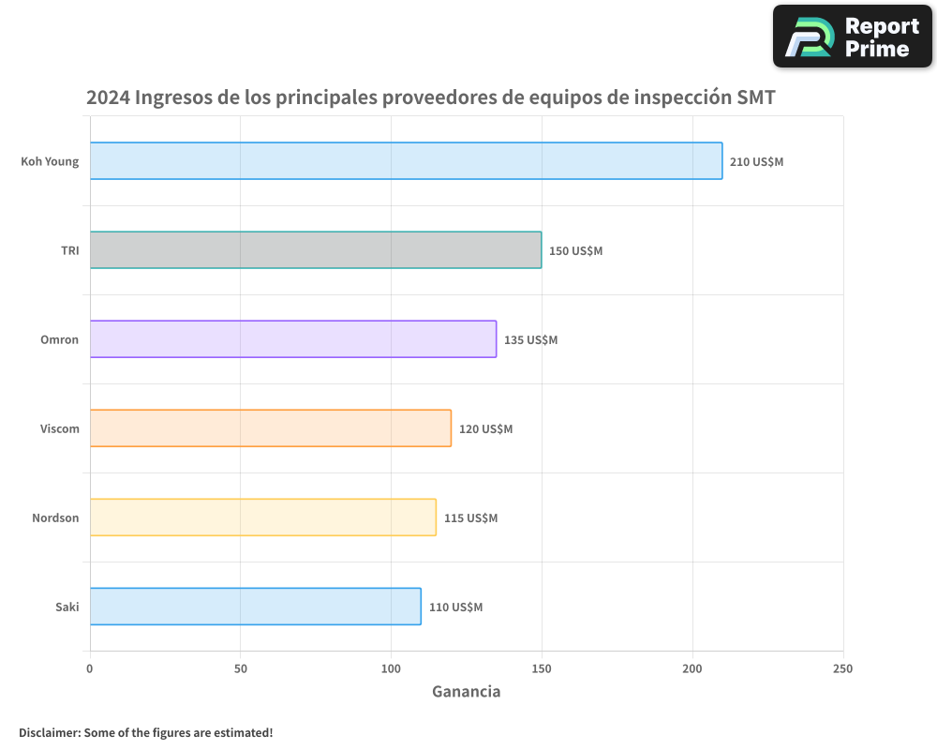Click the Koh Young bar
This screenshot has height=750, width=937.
pyautogui.click(x=406, y=161)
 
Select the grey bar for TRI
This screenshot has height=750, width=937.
pyautogui.click(x=316, y=250)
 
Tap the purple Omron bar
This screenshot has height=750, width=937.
pyautogui.click(x=293, y=339)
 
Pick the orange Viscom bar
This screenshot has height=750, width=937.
pyautogui.click(x=271, y=428)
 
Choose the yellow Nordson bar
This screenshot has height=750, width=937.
pyautogui.click(x=263, y=517)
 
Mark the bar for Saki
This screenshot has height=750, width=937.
pyautogui.click(x=256, y=607)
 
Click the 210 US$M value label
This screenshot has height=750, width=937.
pyautogui.click(x=756, y=162)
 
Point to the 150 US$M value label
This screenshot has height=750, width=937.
pyautogui.click(x=575, y=251)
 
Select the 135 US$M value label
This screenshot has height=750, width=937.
pyautogui.click(x=530, y=340)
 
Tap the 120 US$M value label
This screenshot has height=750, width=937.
pyautogui.click(x=485, y=429)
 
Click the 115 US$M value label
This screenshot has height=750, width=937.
pyautogui.click(x=470, y=518)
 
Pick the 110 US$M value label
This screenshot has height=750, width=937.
pyautogui.click(x=455, y=607)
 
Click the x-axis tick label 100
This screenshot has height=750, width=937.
pyautogui.click(x=391, y=668)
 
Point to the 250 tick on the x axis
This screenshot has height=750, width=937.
pyautogui.click(x=842, y=668)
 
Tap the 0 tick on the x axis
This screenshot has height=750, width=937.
pyautogui.click(x=90, y=668)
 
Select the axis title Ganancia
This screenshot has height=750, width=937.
pyautogui.click(x=466, y=692)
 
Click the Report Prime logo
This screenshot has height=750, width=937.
pyautogui.click(x=852, y=37)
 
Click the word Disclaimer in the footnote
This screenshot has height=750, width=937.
pyautogui.click(x=49, y=732)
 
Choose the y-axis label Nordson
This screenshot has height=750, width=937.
pyautogui.click(x=55, y=517)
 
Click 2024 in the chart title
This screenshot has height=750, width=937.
pyautogui.click(x=108, y=97)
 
